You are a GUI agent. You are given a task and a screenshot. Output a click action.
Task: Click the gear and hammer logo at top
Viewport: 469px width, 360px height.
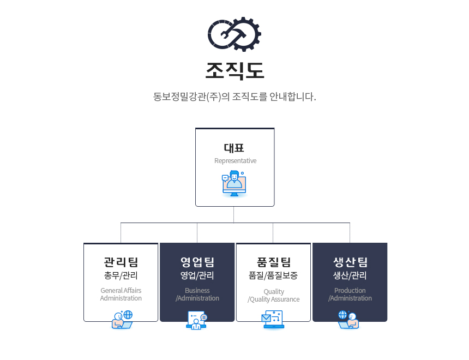(234, 34)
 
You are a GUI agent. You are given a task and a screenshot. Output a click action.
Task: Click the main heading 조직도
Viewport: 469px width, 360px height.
(235, 71)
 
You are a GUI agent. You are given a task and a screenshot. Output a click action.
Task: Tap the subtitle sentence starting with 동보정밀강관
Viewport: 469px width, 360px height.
(234, 97)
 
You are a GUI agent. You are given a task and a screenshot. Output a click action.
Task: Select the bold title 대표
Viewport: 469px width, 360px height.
(234, 148)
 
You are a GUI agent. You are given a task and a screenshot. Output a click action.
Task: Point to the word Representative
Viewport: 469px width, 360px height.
(236, 161)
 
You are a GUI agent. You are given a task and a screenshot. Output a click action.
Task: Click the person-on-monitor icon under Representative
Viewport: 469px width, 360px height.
(234, 183)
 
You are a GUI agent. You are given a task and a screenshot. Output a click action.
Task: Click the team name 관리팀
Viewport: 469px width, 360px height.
(121, 262)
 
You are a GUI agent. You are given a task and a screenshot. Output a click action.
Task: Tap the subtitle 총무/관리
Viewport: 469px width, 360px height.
(121, 275)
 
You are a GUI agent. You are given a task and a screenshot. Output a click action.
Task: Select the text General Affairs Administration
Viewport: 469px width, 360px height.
(121, 294)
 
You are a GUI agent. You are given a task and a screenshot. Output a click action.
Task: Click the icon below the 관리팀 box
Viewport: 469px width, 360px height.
(122, 320)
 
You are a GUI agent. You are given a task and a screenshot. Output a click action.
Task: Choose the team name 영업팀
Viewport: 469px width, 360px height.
(197, 262)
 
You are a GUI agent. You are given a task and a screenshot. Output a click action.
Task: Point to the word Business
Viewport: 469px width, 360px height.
(197, 290)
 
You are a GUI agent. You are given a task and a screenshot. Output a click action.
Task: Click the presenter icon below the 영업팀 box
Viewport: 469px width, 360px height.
(196, 320)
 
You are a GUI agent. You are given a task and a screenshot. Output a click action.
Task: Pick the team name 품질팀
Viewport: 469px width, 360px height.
(274, 262)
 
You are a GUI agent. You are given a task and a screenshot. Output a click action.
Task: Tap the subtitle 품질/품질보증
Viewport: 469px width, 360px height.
(273, 275)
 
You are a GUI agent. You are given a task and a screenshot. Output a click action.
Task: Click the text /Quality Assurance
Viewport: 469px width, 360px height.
(273, 299)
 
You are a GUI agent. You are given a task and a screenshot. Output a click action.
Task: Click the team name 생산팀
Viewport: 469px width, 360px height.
(350, 262)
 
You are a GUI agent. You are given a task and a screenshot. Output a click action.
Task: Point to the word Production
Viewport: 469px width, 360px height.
(350, 290)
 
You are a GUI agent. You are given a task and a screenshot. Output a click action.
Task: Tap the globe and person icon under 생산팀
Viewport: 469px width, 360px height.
(348, 320)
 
